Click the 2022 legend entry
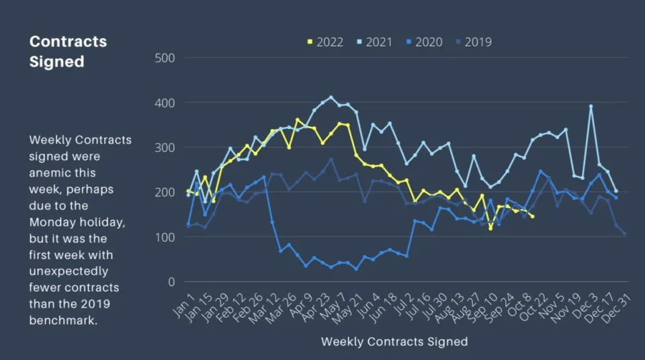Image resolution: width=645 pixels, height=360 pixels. click(x=325, y=42)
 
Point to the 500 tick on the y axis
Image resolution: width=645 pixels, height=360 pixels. click(x=165, y=58)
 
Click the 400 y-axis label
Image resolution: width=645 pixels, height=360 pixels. click(x=165, y=103)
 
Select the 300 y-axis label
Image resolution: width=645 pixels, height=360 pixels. click(x=165, y=148)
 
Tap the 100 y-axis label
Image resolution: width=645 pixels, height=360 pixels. click(x=165, y=237)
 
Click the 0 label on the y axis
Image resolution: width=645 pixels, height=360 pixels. click(x=171, y=282)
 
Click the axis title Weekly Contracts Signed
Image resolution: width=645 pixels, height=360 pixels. click(x=394, y=341)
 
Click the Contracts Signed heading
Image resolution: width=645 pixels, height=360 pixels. click(x=68, y=51)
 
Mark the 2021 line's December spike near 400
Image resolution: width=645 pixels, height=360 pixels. click(x=591, y=106)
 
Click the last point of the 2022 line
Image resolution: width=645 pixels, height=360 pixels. click(x=532, y=216)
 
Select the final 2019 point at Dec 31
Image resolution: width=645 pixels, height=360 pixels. click(x=624, y=234)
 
